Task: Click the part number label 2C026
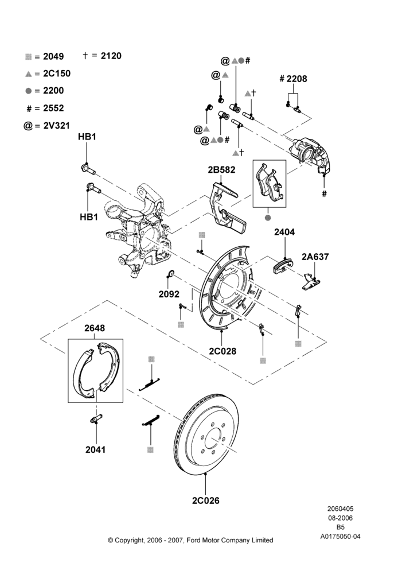point(205,501)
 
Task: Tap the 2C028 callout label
point(222,351)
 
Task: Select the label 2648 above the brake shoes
point(95,328)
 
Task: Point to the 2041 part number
point(95,449)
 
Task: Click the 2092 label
point(169,294)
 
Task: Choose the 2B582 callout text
point(222,170)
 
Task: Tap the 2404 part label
point(284,232)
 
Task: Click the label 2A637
point(315,257)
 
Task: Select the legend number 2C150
point(57,73)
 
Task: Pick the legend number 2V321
point(56,126)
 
